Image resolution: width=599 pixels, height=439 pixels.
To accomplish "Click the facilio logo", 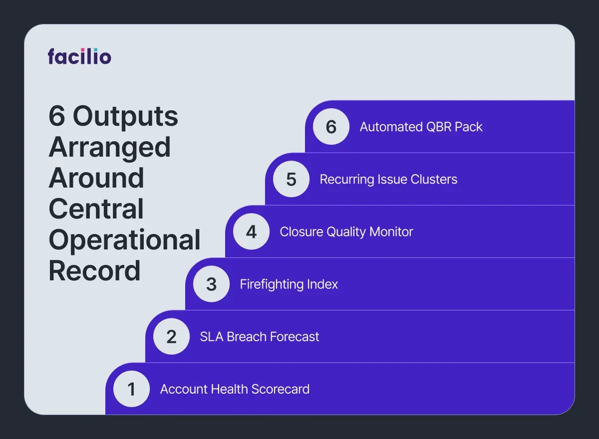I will (79, 56).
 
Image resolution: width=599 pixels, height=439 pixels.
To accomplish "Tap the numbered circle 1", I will (131, 389).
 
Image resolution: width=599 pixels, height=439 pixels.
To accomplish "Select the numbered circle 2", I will (171, 337).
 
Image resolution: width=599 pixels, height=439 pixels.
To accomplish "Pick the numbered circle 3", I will (211, 284).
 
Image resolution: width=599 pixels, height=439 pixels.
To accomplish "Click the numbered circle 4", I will (251, 232).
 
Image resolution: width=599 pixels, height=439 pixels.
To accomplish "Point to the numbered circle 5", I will (291, 180).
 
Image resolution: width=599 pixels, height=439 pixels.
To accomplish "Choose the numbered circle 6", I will (331, 127).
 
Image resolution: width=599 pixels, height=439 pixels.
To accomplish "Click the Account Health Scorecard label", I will (235, 389).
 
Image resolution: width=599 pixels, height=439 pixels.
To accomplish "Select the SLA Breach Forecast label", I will (260, 337).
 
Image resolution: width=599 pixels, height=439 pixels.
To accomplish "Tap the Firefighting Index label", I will (289, 284).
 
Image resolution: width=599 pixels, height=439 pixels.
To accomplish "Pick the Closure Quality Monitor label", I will (346, 232).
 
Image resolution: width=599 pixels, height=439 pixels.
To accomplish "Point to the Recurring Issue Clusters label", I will (388, 180).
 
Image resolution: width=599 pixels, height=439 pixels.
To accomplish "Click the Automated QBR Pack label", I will (421, 127).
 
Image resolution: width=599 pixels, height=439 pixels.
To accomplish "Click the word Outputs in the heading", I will (125, 117).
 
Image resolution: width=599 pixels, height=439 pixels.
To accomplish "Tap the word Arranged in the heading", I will (110, 148).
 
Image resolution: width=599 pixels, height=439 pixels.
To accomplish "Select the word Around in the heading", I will (96, 178).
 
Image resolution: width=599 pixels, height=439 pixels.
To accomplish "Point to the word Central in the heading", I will (96, 209).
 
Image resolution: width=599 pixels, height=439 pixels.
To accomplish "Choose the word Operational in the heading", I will (124, 240).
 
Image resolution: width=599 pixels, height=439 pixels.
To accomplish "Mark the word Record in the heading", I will (94, 271).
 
